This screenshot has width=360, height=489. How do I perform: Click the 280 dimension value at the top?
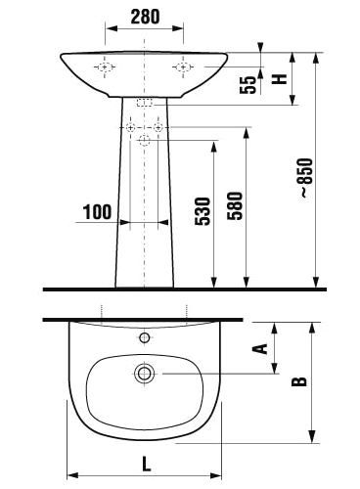click(145, 17)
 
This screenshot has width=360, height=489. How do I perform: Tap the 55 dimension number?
click(248, 85)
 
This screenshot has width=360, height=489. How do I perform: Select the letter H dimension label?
click(280, 79)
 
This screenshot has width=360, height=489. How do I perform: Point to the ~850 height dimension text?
click(306, 178)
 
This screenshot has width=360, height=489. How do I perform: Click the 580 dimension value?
click(236, 206)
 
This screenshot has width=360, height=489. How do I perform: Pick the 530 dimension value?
click(202, 211)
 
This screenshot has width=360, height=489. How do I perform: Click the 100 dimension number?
click(98, 212)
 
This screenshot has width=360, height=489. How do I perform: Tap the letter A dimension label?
click(260, 348)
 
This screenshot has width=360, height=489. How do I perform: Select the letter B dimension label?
click(299, 381)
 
